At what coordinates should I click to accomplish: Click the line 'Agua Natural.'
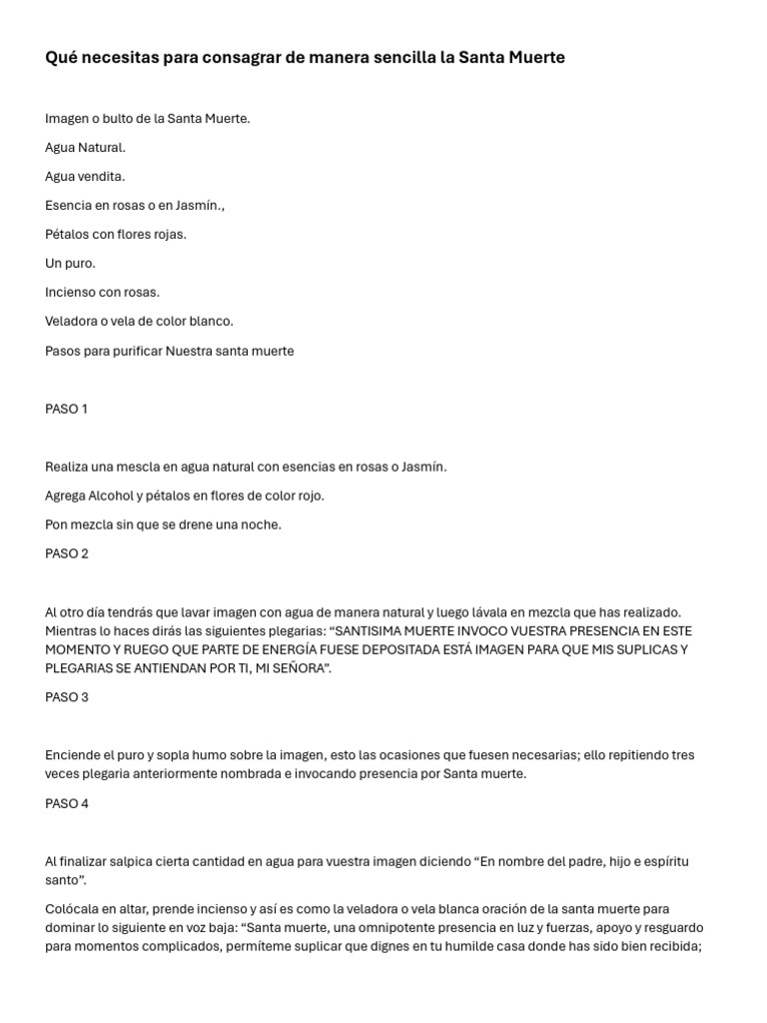(85, 148)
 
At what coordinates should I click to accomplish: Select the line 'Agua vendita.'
(85, 177)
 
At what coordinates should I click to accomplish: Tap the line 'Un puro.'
(70, 264)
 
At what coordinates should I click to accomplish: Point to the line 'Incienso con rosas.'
(102, 293)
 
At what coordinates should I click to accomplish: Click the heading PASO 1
(67, 410)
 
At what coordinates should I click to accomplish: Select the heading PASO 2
(67, 553)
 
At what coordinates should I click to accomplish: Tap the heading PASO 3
(67, 697)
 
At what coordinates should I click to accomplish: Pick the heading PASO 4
(67, 803)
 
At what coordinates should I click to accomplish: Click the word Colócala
(73, 909)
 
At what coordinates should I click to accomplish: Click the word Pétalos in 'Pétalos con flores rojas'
(68, 235)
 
